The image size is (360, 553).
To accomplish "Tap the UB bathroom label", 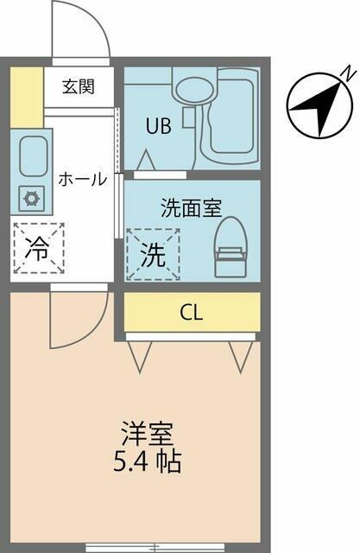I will coord(158,126).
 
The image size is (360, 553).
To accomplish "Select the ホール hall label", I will coord(82,179).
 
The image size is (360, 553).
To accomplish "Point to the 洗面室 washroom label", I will coord(192,207).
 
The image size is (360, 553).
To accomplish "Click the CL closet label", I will coord(192,313).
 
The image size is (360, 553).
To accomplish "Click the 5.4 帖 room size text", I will coord(148,461).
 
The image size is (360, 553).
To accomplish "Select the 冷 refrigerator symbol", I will coord(38,248).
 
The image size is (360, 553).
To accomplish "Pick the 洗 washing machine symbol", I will coord(153,254).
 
